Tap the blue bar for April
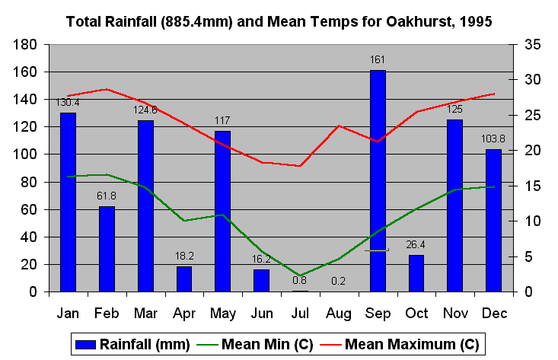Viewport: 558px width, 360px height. pyautogui.click(x=184, y=279)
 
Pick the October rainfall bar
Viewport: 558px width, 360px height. pyautogui.click(x=416, y=273)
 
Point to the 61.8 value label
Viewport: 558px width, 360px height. pyautogui.click(x=107, y=196)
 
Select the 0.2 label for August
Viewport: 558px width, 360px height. pyautogui.click(x=339, y=280)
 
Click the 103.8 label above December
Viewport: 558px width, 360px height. pyautogui.click(x=493, y=139)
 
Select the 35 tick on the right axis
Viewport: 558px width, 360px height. pyautogui.click(x=531, y=44)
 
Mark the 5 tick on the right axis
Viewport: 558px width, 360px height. pyautogui.click(x=528, y=257)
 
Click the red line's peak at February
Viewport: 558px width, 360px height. pyautogui.click(x=107, y=89)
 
